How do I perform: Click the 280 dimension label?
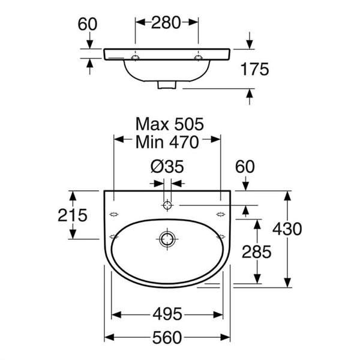coord(166,23)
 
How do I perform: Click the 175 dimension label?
coord(254,69)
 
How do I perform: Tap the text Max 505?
coord(169,124)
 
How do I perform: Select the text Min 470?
coord(167,142)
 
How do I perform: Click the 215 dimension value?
coord(73,215)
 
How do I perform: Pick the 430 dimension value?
coord(287,229)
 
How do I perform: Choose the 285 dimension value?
coord(256,252)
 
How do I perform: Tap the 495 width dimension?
coord(167,314)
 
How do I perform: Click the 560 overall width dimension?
coord(167,337)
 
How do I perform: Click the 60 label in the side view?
coord(88,24)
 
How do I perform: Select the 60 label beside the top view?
coord(245,167)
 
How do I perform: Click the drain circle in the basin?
coord(167,239)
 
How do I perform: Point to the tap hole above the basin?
coord(167,205)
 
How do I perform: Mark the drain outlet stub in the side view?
coord(167,85)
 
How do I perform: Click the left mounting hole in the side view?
coord(135,58)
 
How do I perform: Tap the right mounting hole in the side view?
coord(199,58)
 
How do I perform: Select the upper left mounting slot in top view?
coord(114,214)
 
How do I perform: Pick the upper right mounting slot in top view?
coord(221,214)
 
